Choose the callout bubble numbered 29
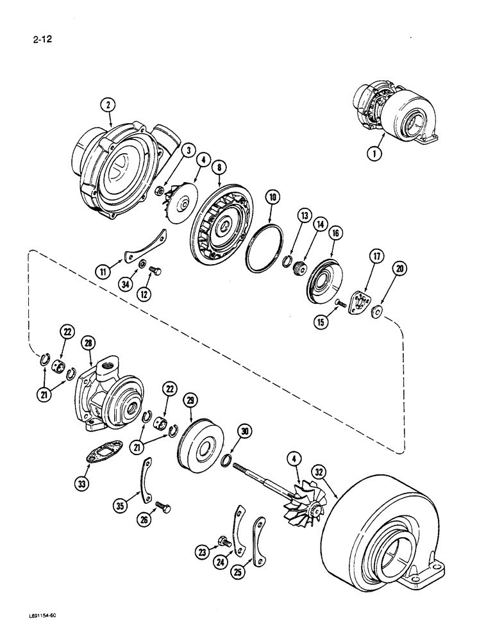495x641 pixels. pyautogui.click(x=189, y=401)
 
